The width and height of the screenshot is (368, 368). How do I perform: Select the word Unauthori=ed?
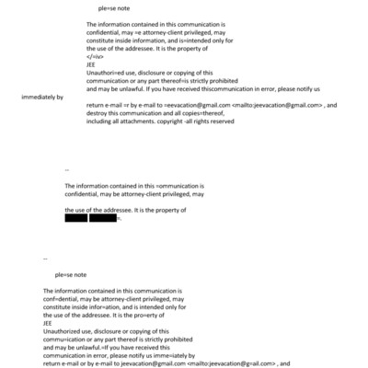point(106,72)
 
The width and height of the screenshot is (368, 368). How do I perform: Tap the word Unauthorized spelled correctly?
point(60,330)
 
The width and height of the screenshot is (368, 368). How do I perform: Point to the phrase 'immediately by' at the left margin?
point(39,97)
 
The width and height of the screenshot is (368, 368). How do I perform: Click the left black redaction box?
point(76,218)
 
